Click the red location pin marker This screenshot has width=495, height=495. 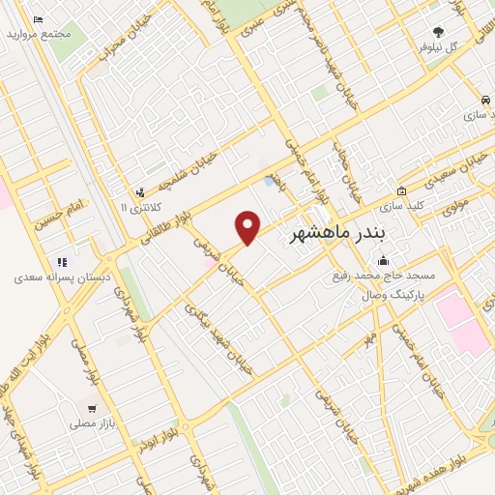coord(248,228)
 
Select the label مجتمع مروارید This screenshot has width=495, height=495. coord(39,34)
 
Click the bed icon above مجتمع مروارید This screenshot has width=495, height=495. coord(38,19)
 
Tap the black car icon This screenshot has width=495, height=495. coord(483,101)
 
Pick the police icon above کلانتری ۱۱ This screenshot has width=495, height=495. coord(142,192)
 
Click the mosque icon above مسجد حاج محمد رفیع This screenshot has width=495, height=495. coord(384,259)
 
